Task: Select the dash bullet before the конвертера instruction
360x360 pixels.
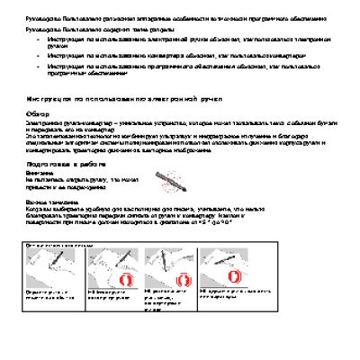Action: pyautogui.click(x=38, y=56)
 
